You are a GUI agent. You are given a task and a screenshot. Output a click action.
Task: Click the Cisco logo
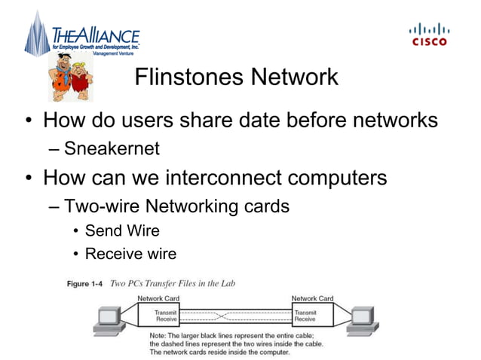(428, 34)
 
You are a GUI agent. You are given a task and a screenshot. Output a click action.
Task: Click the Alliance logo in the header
(83, 35)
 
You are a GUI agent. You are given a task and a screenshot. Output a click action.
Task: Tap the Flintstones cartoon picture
(71, 76)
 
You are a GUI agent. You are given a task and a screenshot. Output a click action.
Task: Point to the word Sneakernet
(112, 148)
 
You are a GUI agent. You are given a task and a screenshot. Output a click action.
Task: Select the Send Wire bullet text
(122, 230)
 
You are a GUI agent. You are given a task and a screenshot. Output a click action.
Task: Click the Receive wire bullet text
(130, 254)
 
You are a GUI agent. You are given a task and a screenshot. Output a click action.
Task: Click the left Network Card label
(158, 299)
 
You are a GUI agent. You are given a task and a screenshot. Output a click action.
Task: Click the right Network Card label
(312, 299)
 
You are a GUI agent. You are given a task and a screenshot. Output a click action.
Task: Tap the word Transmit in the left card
(166, 311)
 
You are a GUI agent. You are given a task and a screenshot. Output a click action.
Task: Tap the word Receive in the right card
(305, 319)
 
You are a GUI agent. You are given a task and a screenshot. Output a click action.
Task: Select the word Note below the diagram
(158, 334)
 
